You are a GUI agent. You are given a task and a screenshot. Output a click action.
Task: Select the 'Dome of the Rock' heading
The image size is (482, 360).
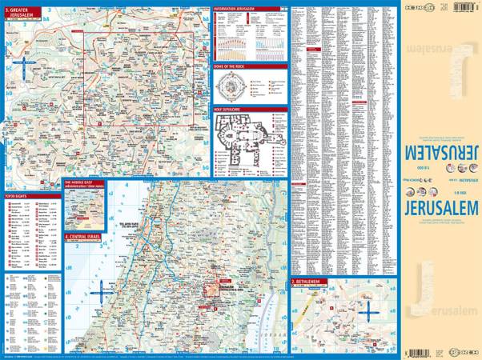[x=233, y=66]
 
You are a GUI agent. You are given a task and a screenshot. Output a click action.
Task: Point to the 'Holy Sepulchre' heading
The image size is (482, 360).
[x=231, y=108]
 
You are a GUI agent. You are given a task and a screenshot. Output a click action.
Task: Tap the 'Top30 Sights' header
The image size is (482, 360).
[x=19, y=194]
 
